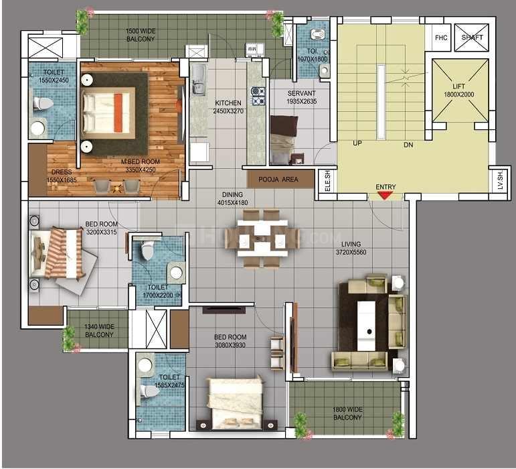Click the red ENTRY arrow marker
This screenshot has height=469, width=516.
(x=384, y=195)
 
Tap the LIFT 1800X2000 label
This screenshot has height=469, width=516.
(x=458, y=90)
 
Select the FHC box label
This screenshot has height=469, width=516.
(x=440, y=38)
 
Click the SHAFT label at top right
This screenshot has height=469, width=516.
(x=472, y=38)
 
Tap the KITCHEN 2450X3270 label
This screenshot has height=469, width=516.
(x=228, y=107)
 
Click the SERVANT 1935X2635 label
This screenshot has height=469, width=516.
(x=302, y=97)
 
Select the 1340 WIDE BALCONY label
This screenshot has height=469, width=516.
(x=99, y=331)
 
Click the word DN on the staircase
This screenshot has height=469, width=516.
(x=409, y=145)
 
